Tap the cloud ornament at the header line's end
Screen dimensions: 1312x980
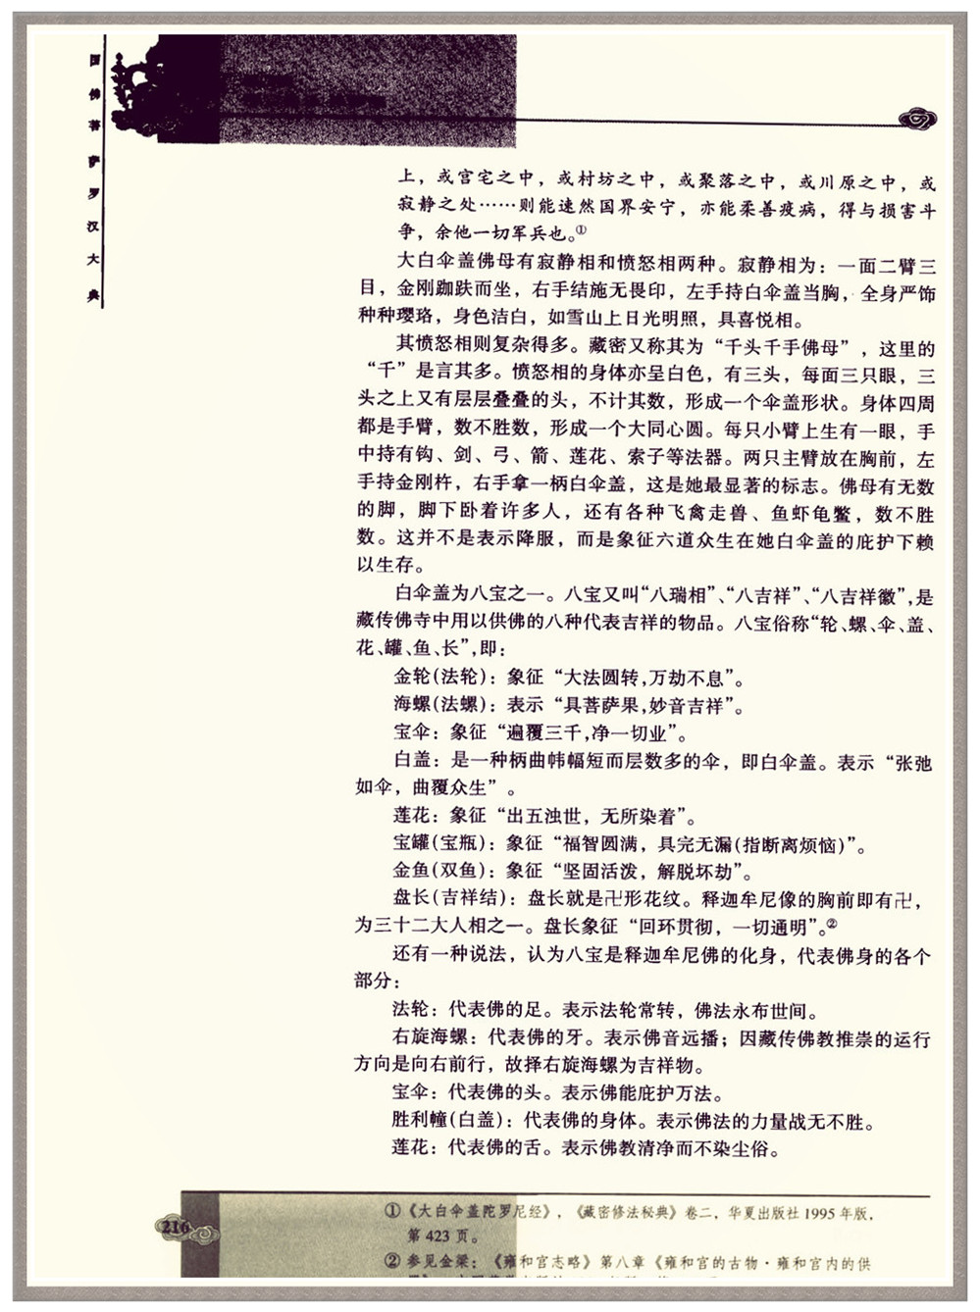tap(917, 120)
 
